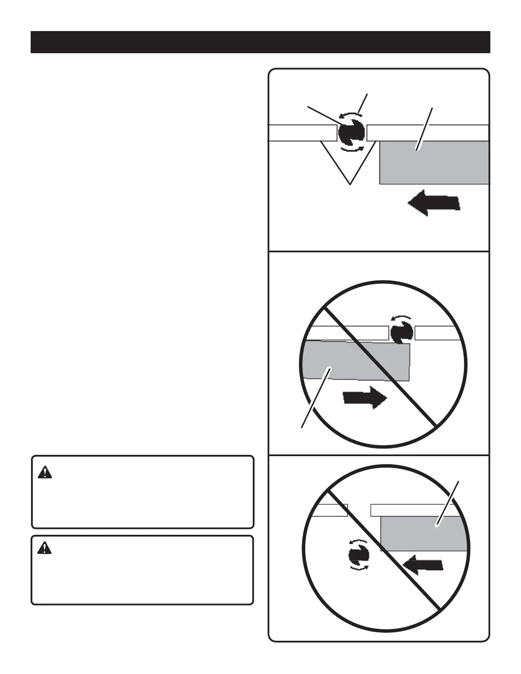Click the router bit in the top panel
pos(351,133)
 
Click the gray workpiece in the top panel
pos(434,163)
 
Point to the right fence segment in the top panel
pos(427,133)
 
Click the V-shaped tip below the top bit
pos(350,170)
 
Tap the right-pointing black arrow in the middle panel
pos(364,398)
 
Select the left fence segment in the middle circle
pos(347,333)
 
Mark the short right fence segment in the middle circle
pos(434,333)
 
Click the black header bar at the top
pos(260,42)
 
